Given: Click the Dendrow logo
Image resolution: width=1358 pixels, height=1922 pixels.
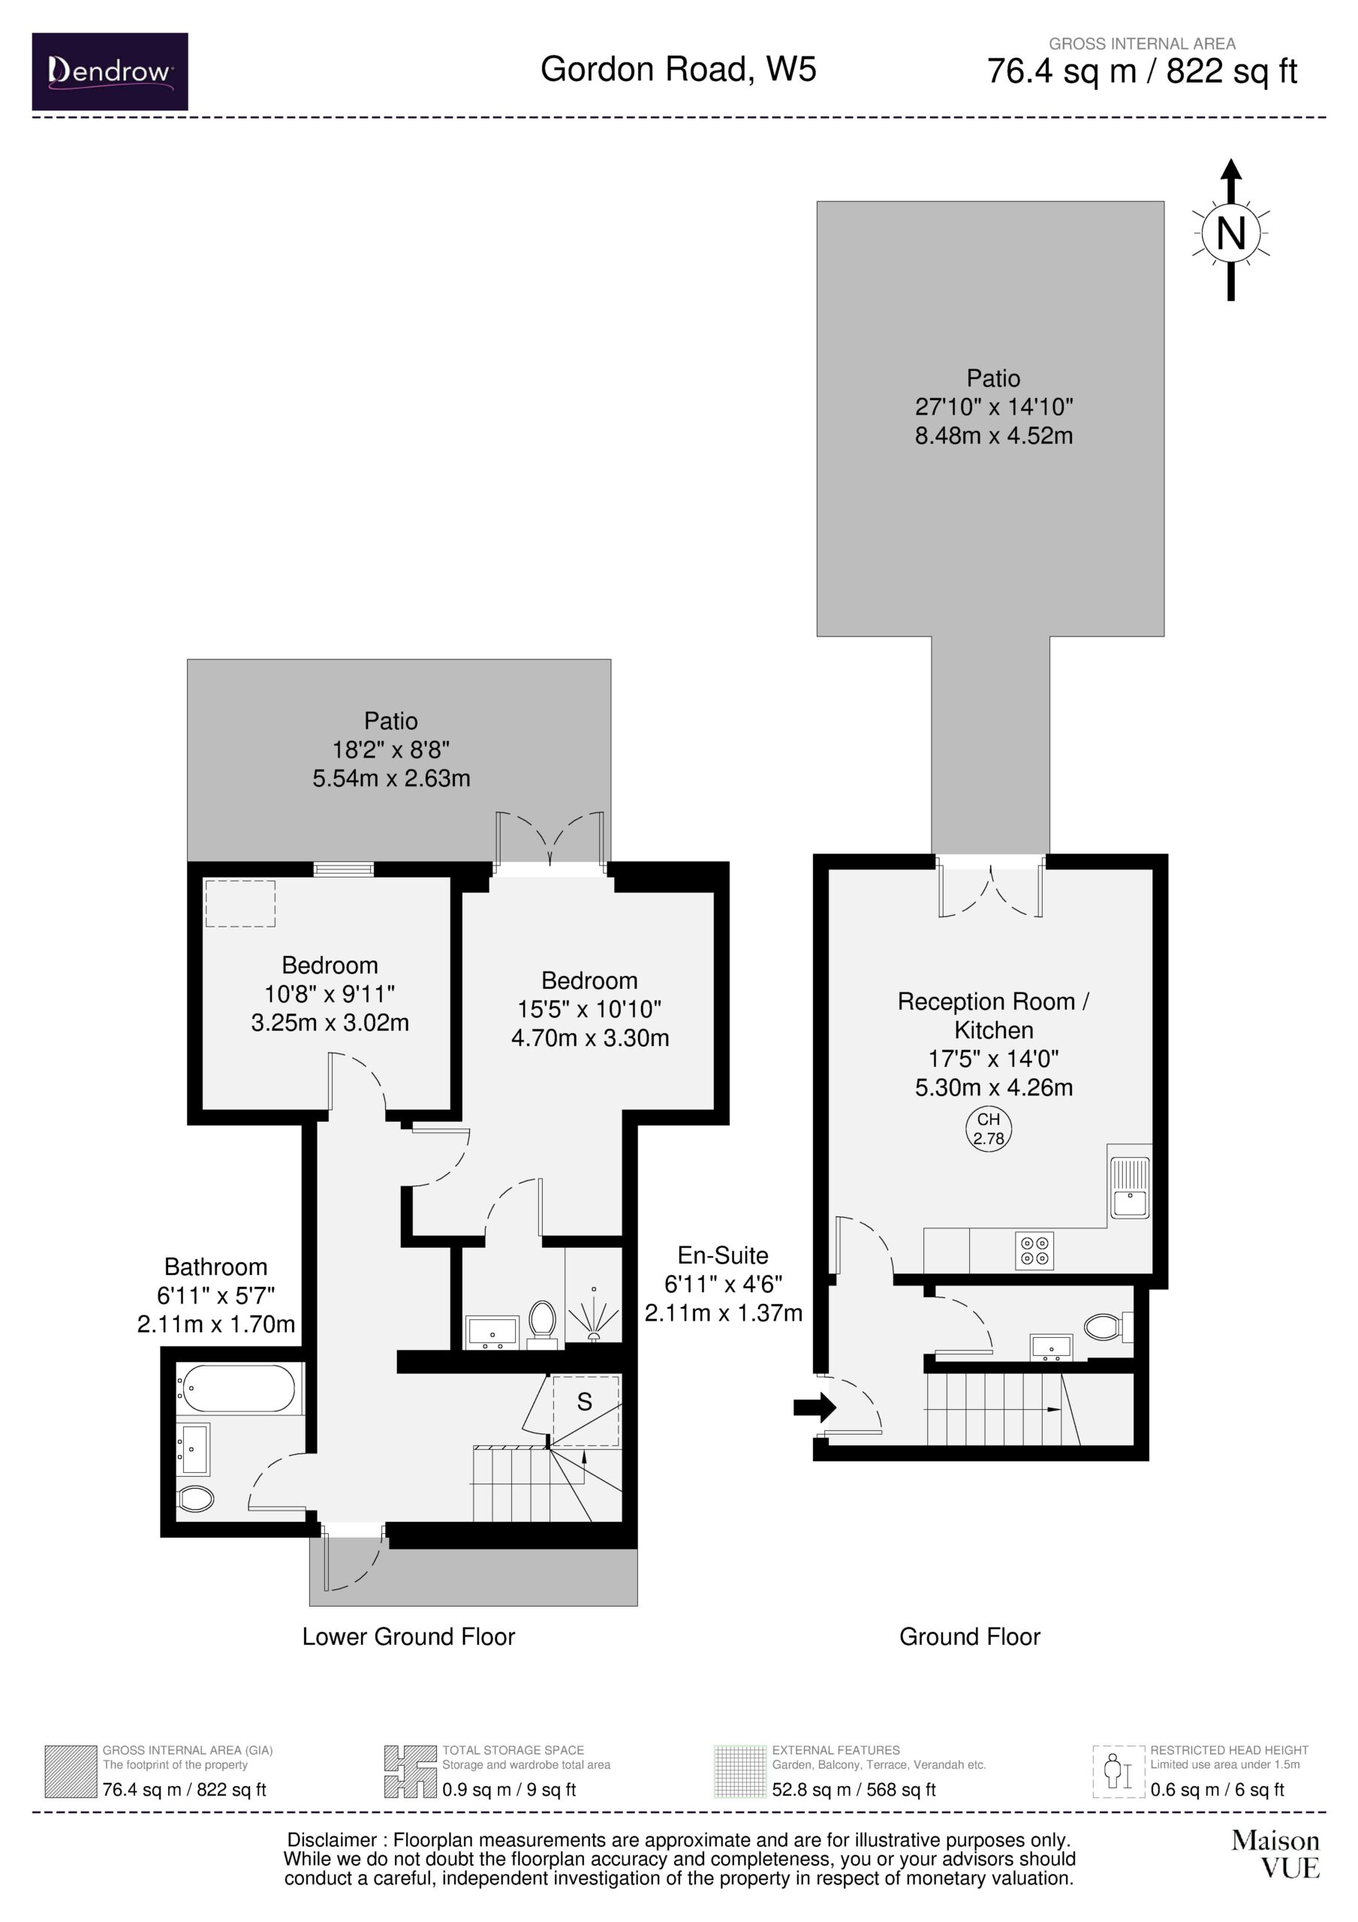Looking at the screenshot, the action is [x=110, y=71].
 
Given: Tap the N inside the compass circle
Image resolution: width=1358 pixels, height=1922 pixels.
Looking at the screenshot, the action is [x=1230, y=233].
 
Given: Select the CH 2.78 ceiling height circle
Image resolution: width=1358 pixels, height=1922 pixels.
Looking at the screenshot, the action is [x=989, y=1128].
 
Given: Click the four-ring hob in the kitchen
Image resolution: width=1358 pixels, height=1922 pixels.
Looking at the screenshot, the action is [x=1034, y=1251].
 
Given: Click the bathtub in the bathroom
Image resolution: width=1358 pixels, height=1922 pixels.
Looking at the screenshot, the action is [x=236, y=1389].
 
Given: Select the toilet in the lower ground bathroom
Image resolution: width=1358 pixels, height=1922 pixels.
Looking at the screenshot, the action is [x=196, y=1499].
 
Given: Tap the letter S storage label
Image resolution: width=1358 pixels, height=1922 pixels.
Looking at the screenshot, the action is [x=584, y=1402].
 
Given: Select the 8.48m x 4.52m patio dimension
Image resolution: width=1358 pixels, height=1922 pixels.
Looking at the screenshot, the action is [x=994, y=435].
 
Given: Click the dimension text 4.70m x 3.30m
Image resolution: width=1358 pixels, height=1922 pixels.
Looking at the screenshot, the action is [x=590, y=1038].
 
